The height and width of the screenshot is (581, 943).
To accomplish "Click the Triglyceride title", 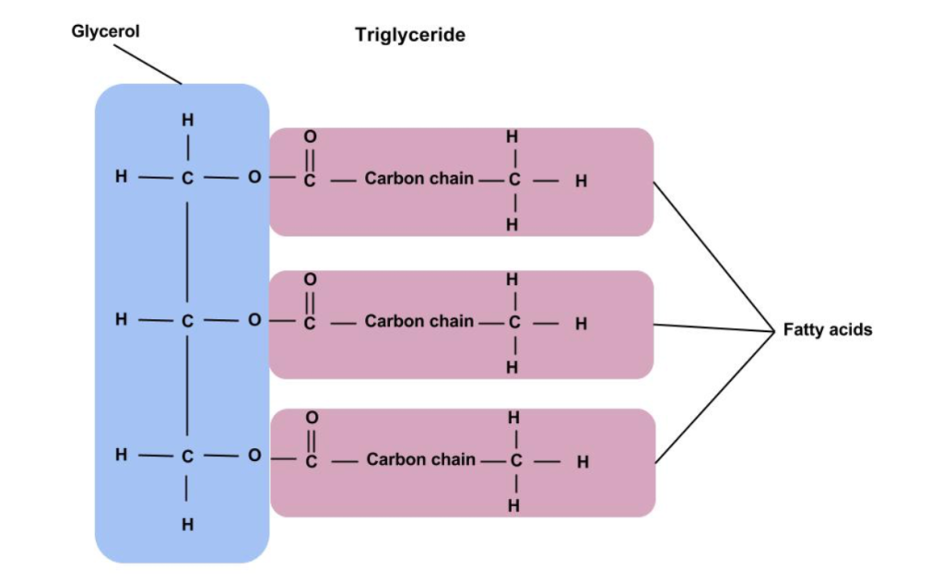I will tap(410, 36).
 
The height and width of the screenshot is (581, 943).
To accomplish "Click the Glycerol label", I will tap(105, 31).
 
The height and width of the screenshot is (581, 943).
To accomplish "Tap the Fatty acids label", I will tap(827, 329).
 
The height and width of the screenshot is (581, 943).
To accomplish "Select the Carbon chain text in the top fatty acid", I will tap(418, 178).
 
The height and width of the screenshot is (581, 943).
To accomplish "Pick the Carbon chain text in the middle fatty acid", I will tap(418, 321).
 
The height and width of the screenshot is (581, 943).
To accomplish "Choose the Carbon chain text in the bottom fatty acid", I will tap(421, 458).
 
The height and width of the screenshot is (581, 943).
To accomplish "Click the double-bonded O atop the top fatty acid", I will tap(310, 136).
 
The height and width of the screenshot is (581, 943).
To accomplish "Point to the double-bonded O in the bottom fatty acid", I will tap(311, 418).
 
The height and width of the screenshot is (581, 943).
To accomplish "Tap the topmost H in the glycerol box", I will tap(187, 120).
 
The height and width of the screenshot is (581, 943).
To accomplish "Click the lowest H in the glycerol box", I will tap(187, 525).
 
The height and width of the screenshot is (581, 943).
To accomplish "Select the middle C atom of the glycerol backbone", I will tap(187, 321).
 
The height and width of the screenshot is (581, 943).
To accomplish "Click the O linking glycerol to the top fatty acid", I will tap(254, 177).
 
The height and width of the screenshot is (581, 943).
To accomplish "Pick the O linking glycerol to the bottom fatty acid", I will tap(254, 456).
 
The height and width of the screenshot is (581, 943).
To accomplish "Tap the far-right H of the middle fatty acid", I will tap(581, 324).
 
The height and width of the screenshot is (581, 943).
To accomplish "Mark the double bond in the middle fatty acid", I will tap(311, 300).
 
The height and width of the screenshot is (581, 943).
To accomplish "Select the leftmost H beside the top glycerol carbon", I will tap(121, 177).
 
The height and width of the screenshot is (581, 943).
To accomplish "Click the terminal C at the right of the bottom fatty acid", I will tap(516, 460).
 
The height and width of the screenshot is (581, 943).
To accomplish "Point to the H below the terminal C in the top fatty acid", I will tap(513, 224).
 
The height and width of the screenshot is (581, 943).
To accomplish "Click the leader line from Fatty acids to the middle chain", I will tap(713, 326).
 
